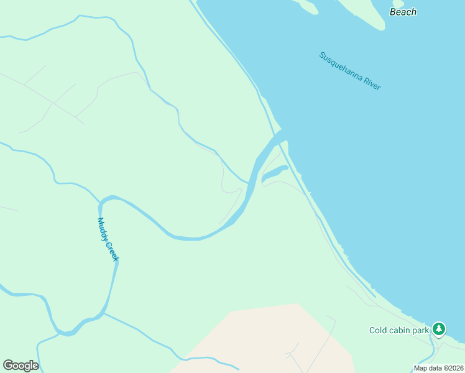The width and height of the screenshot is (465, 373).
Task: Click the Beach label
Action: [403, 12]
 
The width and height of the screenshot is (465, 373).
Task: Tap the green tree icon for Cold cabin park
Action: [439, 328]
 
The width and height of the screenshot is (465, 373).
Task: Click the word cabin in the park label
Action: [402, 331]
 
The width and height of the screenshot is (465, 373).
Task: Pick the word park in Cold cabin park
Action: [421, 331]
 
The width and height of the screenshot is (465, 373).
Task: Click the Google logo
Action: [21, 366]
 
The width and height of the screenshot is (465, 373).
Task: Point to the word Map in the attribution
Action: [421, 368]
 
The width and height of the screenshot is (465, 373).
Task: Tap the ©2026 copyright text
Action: [453, 368]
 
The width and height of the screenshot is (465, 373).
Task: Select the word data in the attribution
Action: [435, 368]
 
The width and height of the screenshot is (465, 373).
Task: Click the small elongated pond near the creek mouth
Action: [274, 175]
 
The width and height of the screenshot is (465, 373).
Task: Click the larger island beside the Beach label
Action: [364, 12]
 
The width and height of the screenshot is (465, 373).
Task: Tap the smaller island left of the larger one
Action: [307, 6]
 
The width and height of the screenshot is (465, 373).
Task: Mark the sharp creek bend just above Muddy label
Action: [102, 201]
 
